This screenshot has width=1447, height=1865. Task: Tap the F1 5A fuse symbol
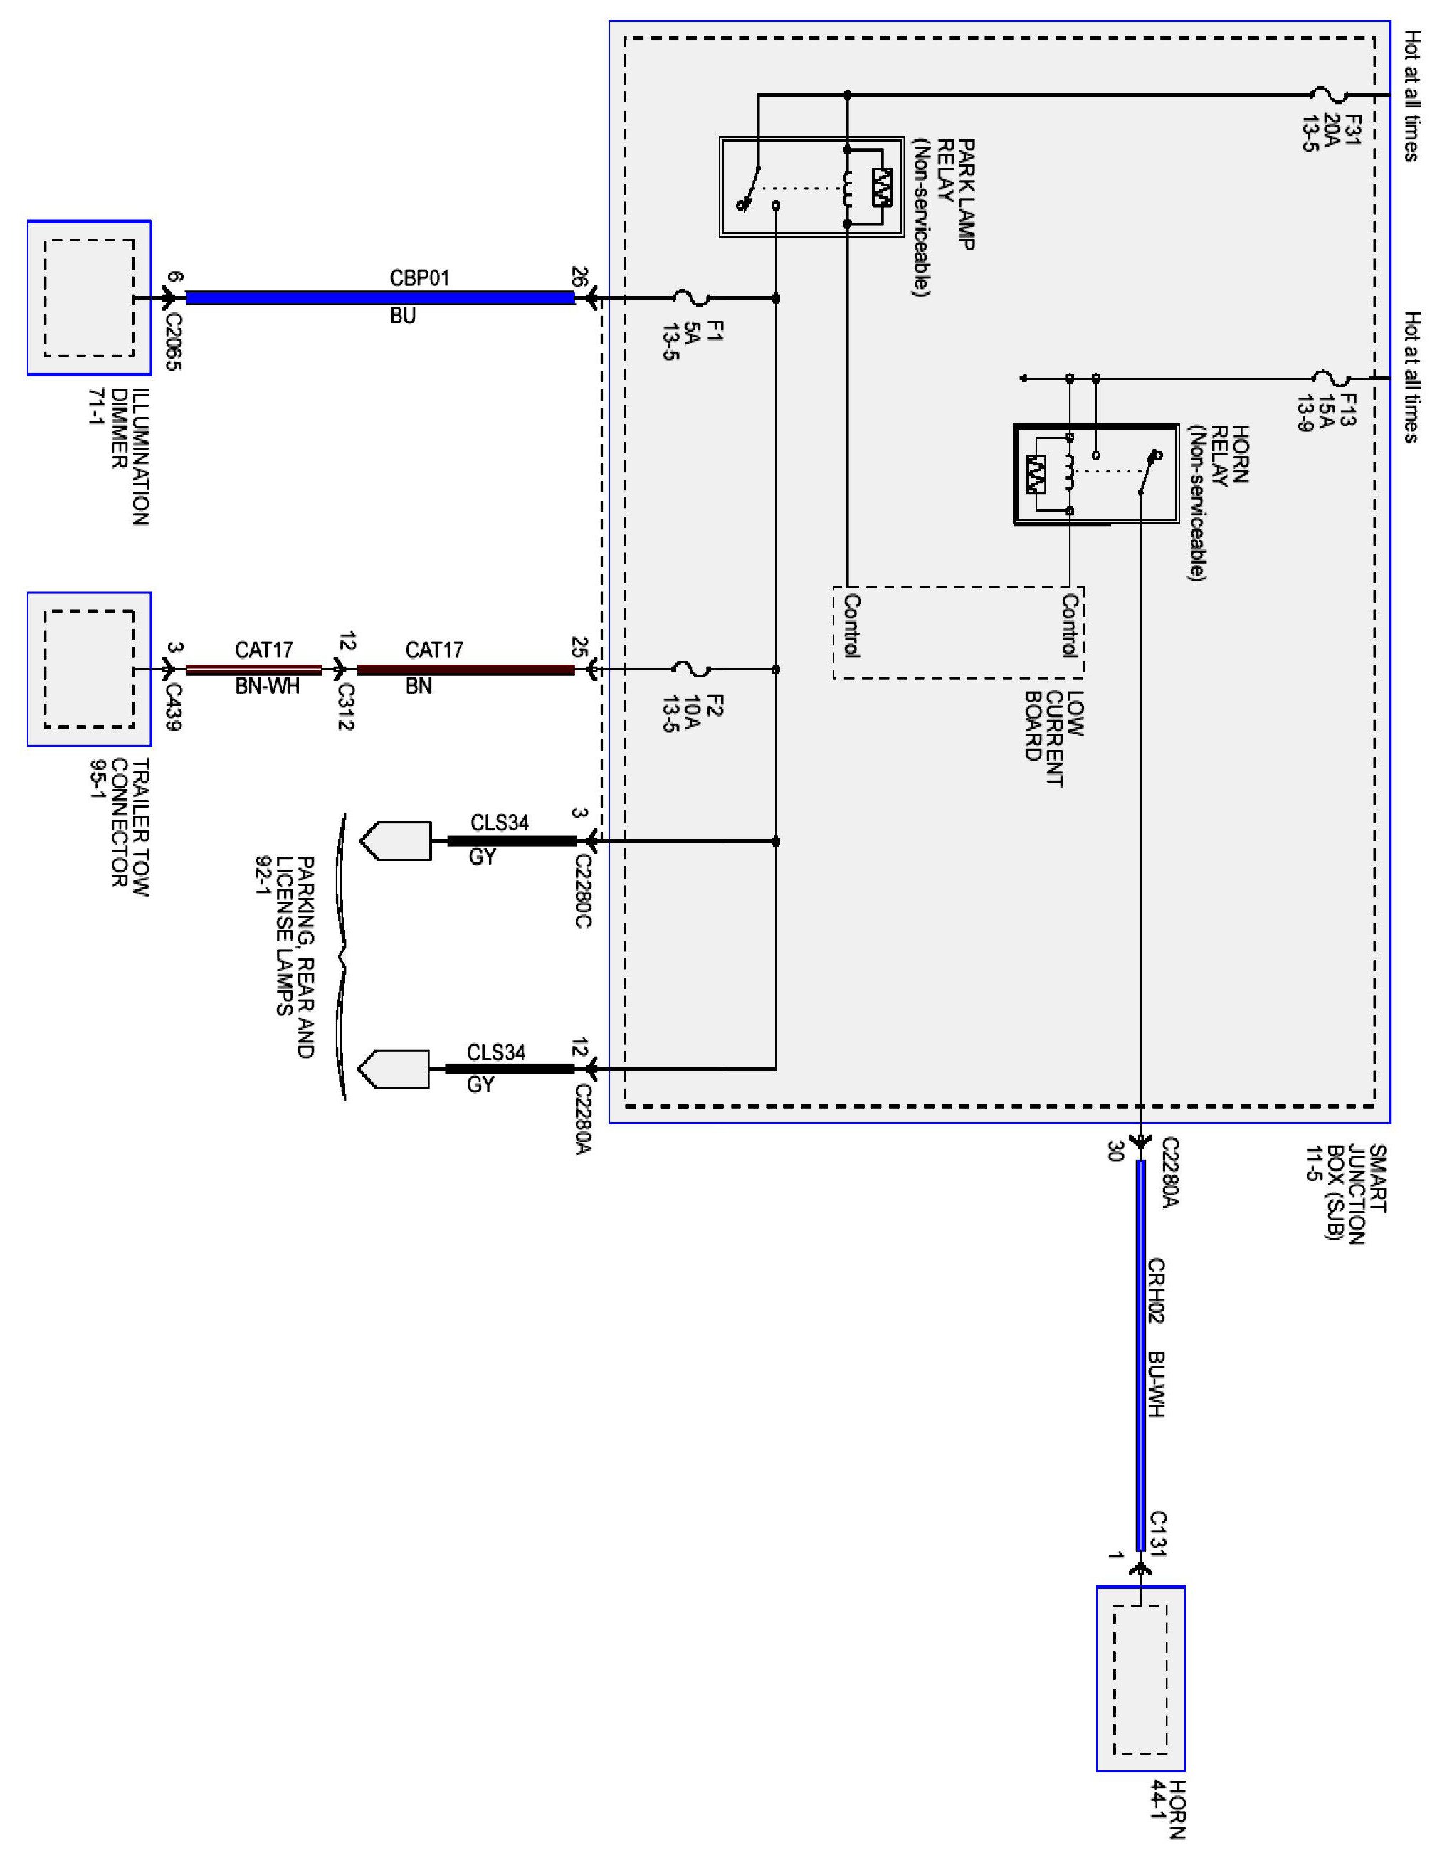pyautogui.click(x=691, y=299)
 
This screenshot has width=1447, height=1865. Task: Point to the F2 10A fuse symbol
pyautogui.click(x=691, y=669)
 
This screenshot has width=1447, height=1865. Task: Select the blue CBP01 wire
pyautogui.click(x=380, y=298)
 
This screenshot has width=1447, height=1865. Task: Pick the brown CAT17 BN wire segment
pyautogui.click(x=465, y=670)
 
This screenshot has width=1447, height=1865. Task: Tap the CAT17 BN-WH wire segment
pyautogui.click(x=255, y=670)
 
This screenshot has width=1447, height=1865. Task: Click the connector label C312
pyautogui.click(x=346, y=706)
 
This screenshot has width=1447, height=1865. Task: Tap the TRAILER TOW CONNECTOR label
pyautogui.click(x=120, y=827)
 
